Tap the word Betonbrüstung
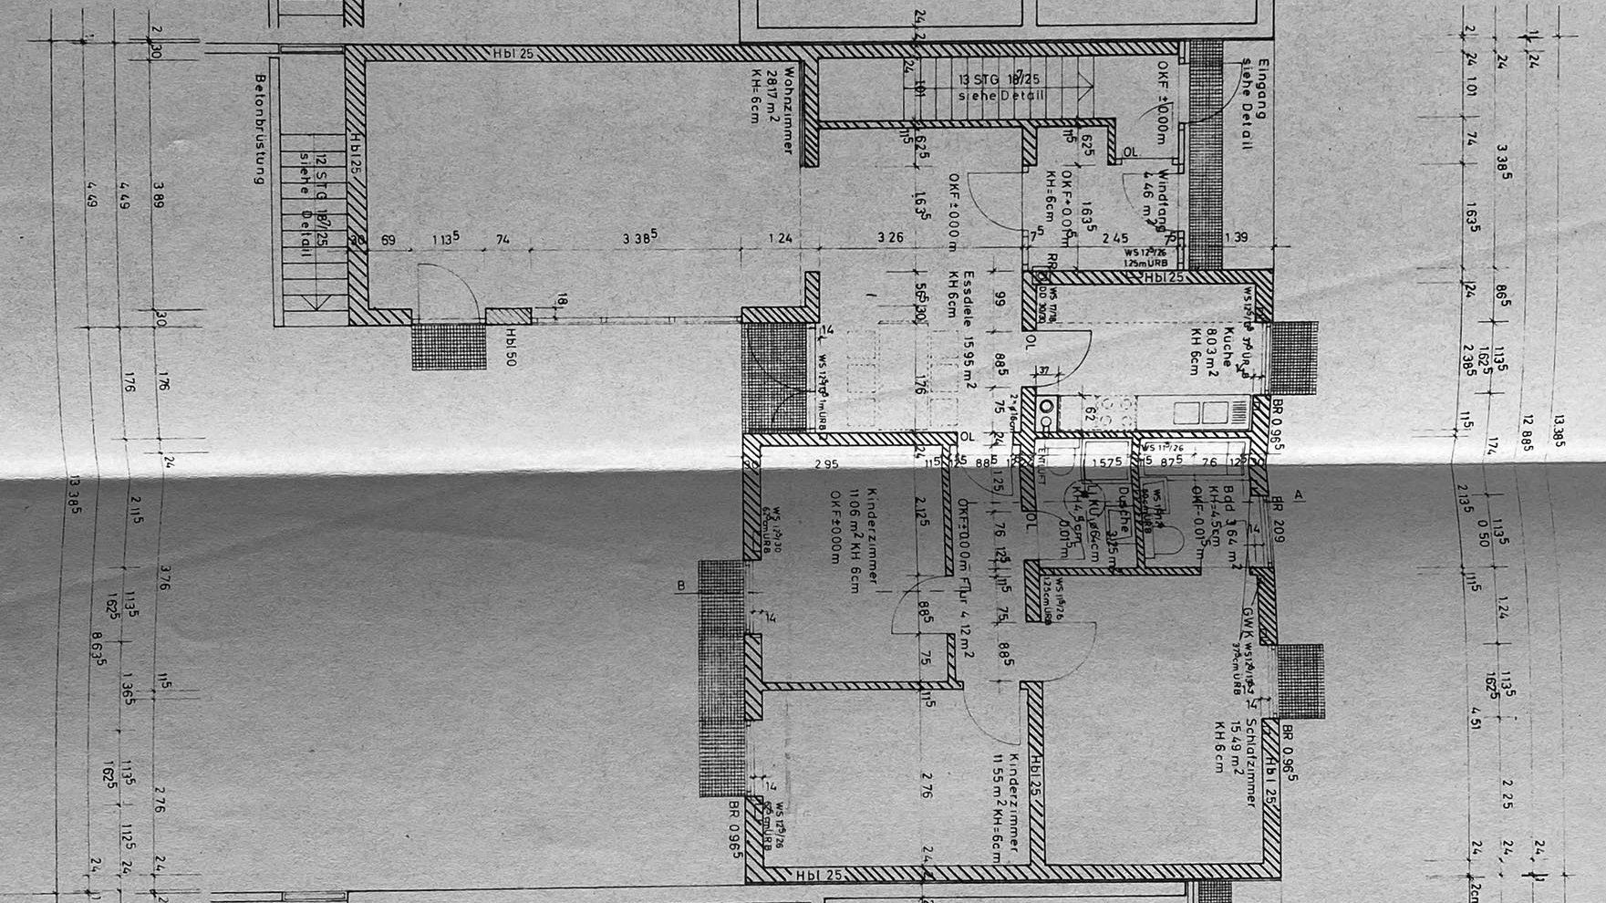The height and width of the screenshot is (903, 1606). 260,129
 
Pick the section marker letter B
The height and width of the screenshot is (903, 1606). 680,586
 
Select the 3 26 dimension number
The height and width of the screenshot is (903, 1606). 890,238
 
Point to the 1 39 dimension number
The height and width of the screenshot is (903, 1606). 1237,238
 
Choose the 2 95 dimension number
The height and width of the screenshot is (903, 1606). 826,464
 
